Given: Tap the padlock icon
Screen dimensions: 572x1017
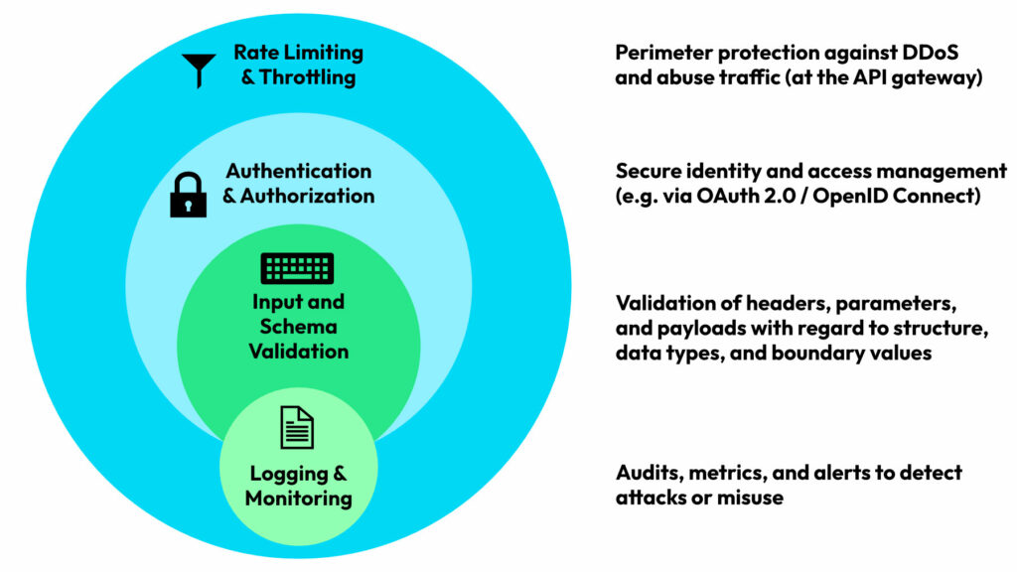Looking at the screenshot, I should coord(188,195).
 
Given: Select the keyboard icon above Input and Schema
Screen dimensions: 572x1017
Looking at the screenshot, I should coord(297,268).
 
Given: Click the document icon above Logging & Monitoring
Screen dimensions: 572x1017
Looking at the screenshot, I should coord(297,427).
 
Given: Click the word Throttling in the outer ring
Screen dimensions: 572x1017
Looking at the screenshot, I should coord(307,77).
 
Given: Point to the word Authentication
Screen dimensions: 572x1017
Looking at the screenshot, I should coord(298,171).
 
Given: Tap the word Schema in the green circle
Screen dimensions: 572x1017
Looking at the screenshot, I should coord(298,327).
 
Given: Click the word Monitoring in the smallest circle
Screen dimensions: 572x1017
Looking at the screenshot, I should coord(298,499).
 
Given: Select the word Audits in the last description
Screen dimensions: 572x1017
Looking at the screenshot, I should coord(647,473).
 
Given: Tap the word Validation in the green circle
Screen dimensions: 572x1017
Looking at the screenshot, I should coord(298,352).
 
